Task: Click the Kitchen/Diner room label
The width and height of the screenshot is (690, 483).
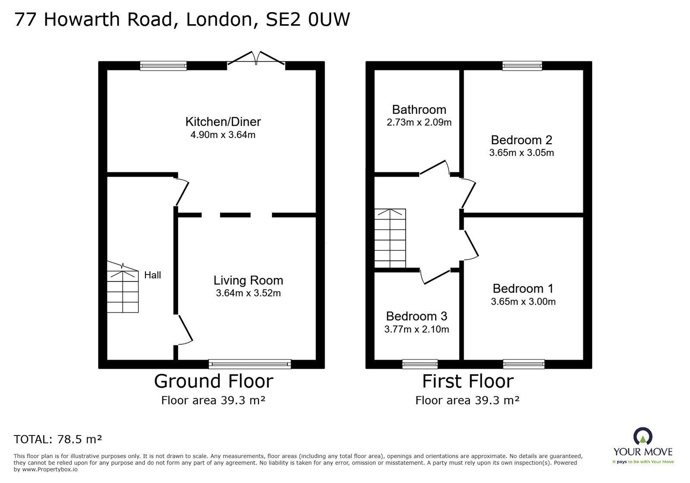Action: click(x=223, y=122)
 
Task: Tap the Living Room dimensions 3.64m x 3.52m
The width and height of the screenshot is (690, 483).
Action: click(x=248, y=294)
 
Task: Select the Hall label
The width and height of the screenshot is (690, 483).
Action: click(x=153, y=275)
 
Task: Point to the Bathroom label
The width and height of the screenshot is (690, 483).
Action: click(x=419, y=110)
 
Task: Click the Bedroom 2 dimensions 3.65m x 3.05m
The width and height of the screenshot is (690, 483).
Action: click(x=521, y=153)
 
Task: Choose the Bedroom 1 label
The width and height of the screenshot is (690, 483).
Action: click(x=523, y=288)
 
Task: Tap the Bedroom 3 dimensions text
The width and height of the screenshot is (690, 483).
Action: click(x=417, y=330)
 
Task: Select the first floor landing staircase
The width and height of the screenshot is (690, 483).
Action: click(x=390, y=238)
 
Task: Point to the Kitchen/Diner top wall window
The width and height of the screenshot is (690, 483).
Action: click(x=163, y=66)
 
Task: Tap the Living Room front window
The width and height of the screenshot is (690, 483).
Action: click(x=250, y=364)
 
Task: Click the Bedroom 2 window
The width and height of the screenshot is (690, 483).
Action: click(x=522, y=66)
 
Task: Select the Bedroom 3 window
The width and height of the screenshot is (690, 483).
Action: click(x=420, y=364)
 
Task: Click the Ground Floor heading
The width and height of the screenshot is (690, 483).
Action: click(x=213, y=382)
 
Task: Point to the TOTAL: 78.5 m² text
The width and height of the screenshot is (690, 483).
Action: click(x=58, y=439)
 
